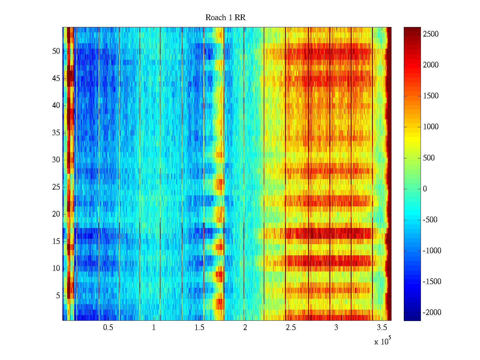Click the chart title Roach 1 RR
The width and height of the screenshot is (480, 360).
225,18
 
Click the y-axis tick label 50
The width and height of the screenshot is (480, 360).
56,51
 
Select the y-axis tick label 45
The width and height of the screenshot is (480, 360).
56,79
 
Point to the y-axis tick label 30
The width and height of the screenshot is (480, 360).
56,160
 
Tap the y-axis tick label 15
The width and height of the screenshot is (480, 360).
56,241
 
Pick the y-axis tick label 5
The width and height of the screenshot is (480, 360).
58,296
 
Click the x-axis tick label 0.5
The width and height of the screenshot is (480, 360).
108,328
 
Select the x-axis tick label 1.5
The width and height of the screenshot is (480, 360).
199,328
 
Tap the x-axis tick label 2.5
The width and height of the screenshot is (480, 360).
291,328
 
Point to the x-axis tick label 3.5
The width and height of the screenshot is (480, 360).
382,328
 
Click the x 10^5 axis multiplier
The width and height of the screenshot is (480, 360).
382,341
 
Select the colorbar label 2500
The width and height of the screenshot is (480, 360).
431,34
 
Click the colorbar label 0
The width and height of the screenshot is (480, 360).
425,189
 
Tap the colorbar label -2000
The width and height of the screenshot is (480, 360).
432,313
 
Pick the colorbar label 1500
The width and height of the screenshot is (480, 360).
431,96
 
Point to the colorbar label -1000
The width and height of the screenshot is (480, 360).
432,251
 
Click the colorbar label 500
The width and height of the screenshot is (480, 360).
429,158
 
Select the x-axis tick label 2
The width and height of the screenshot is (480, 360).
245,328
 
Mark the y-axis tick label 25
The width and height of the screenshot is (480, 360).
56,187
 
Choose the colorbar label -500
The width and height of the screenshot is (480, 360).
430,220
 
